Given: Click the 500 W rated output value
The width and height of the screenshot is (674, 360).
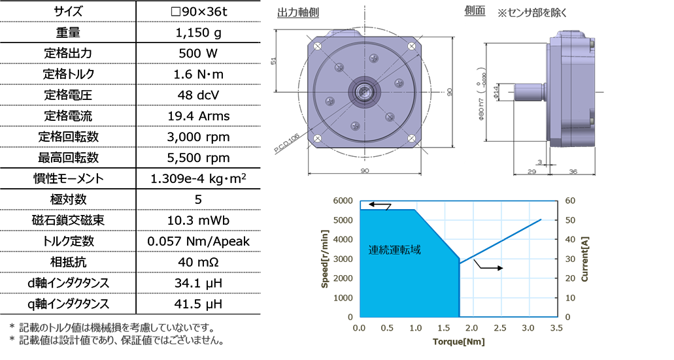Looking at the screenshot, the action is click(x=198, y=54).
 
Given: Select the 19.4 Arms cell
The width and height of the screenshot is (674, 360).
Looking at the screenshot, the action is click(x=198, y=116).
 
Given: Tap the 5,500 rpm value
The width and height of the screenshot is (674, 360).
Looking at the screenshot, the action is click(x=198, y=157).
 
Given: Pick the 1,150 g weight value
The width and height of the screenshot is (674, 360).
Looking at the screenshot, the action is click(x=198, y=33).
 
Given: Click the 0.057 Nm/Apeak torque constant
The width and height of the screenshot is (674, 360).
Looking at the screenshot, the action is click(x=198, y=242).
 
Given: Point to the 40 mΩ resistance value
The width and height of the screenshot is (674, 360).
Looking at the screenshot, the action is click(x=198, y=262).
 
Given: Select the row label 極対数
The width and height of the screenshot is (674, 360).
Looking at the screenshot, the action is click(x=68, y=199).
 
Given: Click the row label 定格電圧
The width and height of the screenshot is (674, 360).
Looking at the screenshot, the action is click(x=68, y=95).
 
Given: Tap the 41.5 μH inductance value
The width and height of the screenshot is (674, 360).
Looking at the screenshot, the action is click(x=198, y=304).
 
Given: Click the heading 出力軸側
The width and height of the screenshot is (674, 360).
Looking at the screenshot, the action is click(x=298, y=13).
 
